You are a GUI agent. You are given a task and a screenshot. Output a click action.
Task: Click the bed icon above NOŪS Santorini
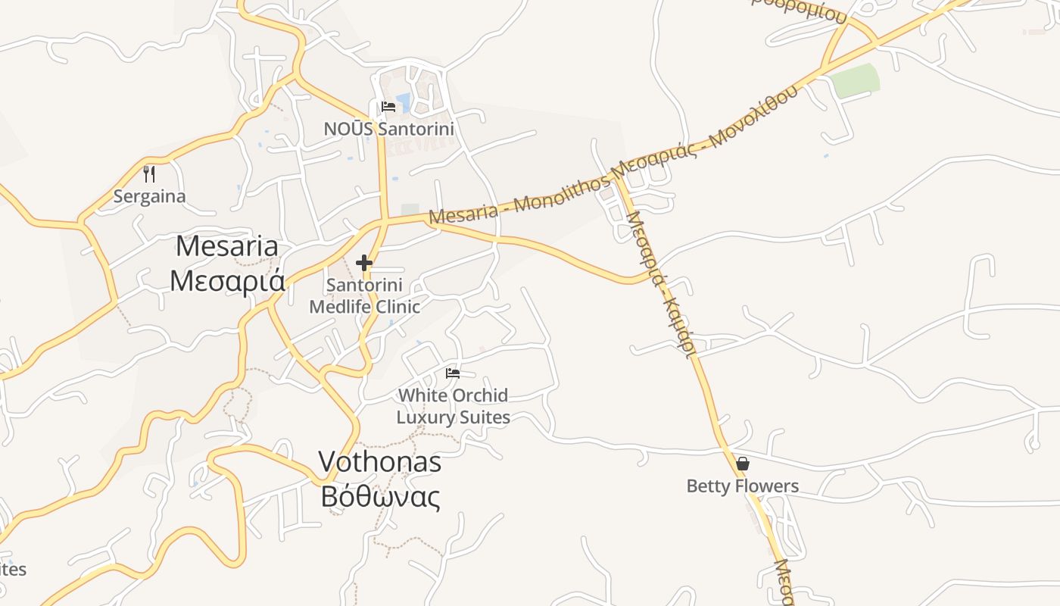388,106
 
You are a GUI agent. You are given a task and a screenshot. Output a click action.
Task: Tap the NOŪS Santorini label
389,129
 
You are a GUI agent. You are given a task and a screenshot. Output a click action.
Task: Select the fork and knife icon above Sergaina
149,174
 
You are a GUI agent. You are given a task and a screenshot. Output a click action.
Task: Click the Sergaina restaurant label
149,197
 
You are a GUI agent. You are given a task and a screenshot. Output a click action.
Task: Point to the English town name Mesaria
227,246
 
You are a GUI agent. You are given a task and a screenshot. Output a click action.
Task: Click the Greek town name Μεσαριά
227,280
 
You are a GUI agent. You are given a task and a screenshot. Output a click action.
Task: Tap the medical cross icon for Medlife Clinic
364,263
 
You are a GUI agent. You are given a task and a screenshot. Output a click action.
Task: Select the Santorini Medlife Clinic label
364,296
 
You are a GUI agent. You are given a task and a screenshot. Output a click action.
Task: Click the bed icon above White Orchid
453,373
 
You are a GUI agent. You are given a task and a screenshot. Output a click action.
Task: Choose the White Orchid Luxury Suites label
453,406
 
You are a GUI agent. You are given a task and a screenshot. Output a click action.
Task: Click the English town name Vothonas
379,461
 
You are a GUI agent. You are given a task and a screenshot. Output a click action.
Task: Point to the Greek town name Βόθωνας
379,497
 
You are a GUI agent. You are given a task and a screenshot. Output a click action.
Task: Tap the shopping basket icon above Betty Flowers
743,463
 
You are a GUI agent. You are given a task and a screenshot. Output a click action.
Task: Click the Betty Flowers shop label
742,486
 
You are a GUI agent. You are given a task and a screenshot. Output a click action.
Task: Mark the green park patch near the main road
856,81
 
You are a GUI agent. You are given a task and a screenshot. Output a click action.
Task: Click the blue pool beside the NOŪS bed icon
404,102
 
